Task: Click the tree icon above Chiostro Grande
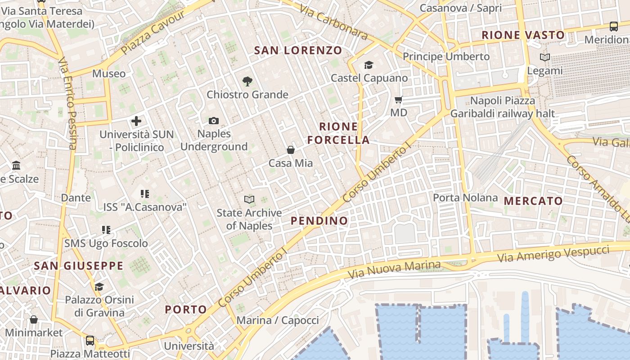pyautogui.click(x=247, y=81)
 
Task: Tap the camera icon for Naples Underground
pyautogui.click(x=214, y=121)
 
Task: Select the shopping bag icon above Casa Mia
pyautogui.click(x=291, y=150)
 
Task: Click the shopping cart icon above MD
pyautogui.click(x=398, y=99)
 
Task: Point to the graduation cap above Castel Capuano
pyautogui.click(x=369, y=65)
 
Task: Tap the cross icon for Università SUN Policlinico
pyautogui.click(x=136, y=121)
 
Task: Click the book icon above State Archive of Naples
pyautogui.click(x=249, y=199)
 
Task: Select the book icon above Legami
pyautogui.click(x=545, y=58)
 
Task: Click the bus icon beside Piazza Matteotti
pyautogui.click(x=90, y=341)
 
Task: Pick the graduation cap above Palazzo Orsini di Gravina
pyautogui.click(x=99, y=287)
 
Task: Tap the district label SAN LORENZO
pyautogui.click(x=298, y=50)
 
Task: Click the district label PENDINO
pyautogui.click(x=319, y=220)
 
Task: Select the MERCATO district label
pyautogui.click(x=533, y=201)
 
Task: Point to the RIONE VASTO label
pyautogui.click(x=523, y=35)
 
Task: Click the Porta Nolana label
pyautogui.click(x=465, y=198)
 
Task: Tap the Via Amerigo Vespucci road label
pyautogui.click(x=553, y=254)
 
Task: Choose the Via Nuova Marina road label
pyautogui.click(x=394, y=269)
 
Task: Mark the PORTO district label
pyautogui.click(x=186, y=310)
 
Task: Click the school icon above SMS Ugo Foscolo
pyautogui.click(x=106, y=230)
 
